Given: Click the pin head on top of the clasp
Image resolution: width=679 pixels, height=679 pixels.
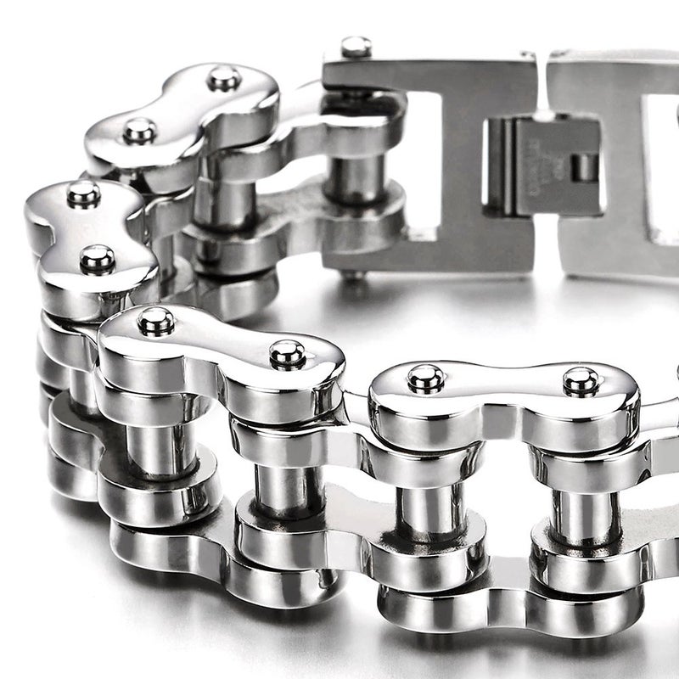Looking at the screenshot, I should click(x=356, y=47).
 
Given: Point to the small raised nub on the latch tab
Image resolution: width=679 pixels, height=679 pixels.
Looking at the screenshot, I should click(x=584, y=166).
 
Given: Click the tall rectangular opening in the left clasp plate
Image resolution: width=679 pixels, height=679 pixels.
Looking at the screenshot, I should click(x=424, y=161).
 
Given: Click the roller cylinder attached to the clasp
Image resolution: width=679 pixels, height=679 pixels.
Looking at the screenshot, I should click(x=355, y=178).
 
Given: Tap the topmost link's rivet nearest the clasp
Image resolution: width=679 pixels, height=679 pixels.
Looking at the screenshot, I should click(x=224, y=79).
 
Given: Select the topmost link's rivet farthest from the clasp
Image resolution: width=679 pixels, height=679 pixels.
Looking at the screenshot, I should click(x=138, y=131).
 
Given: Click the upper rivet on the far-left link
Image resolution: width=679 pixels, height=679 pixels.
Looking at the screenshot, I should click(x=83, y=194).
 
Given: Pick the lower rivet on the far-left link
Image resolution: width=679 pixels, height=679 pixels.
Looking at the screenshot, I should click(x=97, y=259).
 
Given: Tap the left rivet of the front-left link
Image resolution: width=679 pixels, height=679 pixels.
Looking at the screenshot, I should click(x=156, y=321).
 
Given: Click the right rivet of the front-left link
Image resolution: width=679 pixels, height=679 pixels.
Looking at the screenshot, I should click(x=288, y=354).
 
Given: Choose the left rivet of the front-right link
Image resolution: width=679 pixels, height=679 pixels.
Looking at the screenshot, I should click(x=425, y=379).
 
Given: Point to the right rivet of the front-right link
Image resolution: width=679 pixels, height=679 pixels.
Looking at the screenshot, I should click(x=581, y=382).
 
